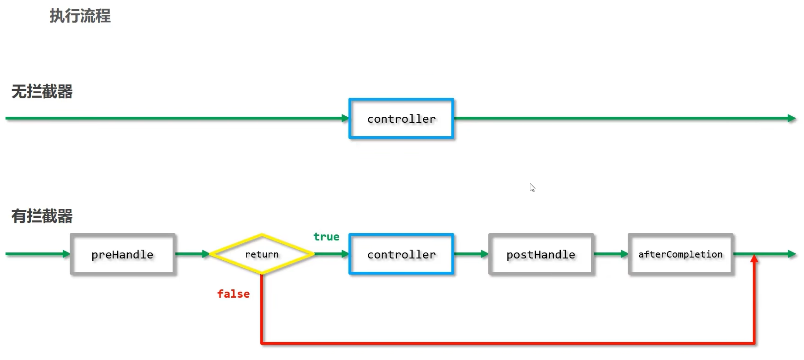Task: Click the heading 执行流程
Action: click(x=80, y=16)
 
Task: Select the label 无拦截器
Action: click(x=42, y=91)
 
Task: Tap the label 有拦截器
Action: click(x=42, y=216)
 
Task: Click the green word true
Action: click(x=326, y=237)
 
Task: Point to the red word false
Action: click(x=234, y=294)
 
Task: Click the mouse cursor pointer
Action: click(x=532, y=187)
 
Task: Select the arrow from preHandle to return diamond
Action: click(x=192, y=254)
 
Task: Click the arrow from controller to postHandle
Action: click(x=471, y=254)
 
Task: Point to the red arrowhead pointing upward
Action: click(x=754, y=259)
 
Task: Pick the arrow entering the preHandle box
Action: click(x=38, y=254)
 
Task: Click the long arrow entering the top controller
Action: click(x=177, y=118)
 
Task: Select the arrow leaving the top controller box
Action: click(x=625, y=118)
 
